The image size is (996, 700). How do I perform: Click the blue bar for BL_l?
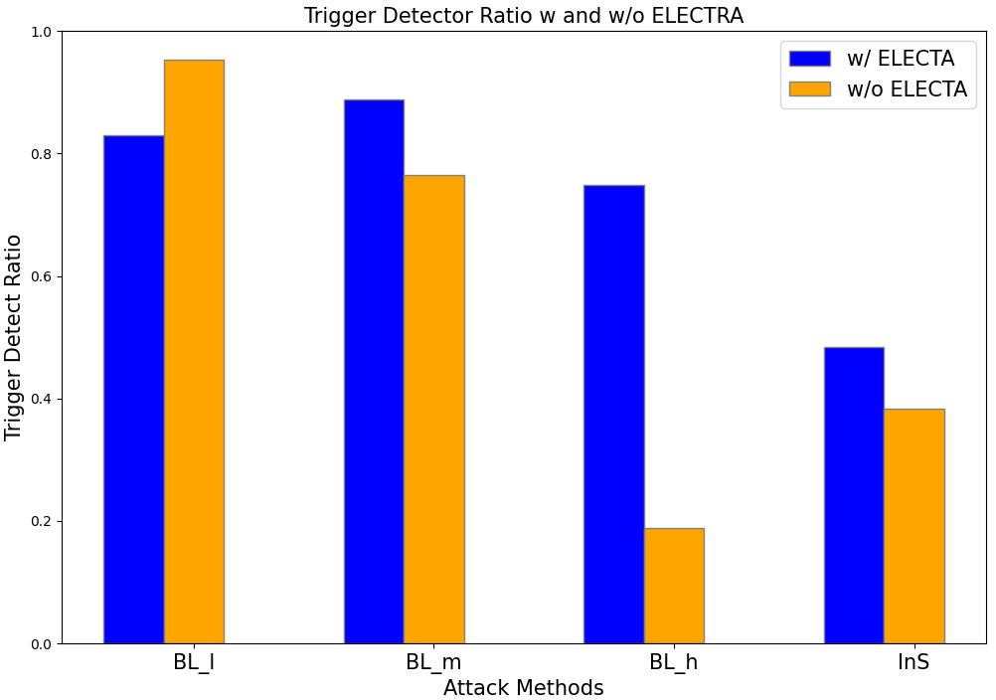[x=133, y=389]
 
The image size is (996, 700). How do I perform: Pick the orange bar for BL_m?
[x=434, y=409]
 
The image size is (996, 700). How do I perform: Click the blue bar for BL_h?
[x=613, y=414]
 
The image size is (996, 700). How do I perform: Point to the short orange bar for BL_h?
[x=674, y=586]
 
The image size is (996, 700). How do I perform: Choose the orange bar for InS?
[x=914, y=526]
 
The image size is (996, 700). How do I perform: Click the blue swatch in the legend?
[x=809, y=59]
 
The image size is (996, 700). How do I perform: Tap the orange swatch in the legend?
[x=809, y=89]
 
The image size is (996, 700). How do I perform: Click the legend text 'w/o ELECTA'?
[x=907, y=89]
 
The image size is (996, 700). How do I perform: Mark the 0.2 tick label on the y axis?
[x=39, y=521]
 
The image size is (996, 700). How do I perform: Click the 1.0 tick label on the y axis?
[x=39, y=32]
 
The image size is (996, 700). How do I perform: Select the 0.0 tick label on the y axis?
[x=39, y=643]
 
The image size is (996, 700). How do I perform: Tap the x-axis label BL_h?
[x=673, y=663]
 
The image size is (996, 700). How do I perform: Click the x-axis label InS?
[x=913, y=663]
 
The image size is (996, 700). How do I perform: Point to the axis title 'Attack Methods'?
[x=523, y=688]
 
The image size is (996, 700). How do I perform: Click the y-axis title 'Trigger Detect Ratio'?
[x=14, y=337]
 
